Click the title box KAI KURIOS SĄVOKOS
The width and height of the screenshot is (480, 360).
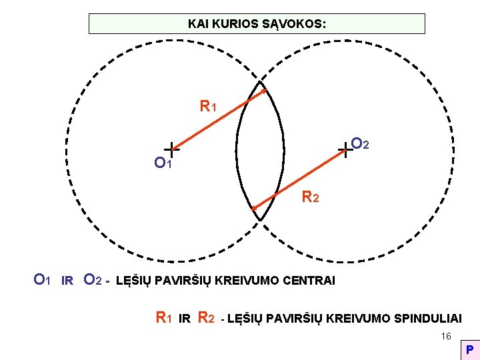point(257,23)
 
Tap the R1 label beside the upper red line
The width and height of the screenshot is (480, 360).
point(208,106)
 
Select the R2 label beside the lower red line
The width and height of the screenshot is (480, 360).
point(311,197)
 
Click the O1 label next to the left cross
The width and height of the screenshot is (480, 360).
point(163,163)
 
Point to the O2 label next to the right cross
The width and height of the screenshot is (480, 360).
point(361,144)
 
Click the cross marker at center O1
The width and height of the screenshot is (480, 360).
point(172,150)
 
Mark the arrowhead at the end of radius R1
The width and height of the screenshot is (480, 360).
point(265,91)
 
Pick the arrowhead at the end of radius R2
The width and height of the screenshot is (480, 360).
point(253,209)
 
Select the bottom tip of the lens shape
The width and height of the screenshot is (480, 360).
point(260,220)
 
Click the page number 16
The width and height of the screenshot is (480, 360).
point(446,337)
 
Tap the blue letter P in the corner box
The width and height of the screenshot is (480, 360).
point(469,350)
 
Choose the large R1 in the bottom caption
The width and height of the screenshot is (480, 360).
point(163,318)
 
